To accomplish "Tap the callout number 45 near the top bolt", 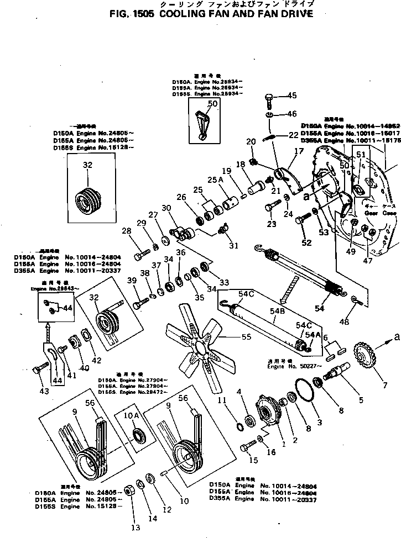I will (x=291, y=96).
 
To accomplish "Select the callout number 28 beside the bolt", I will (x=126, y=246).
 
